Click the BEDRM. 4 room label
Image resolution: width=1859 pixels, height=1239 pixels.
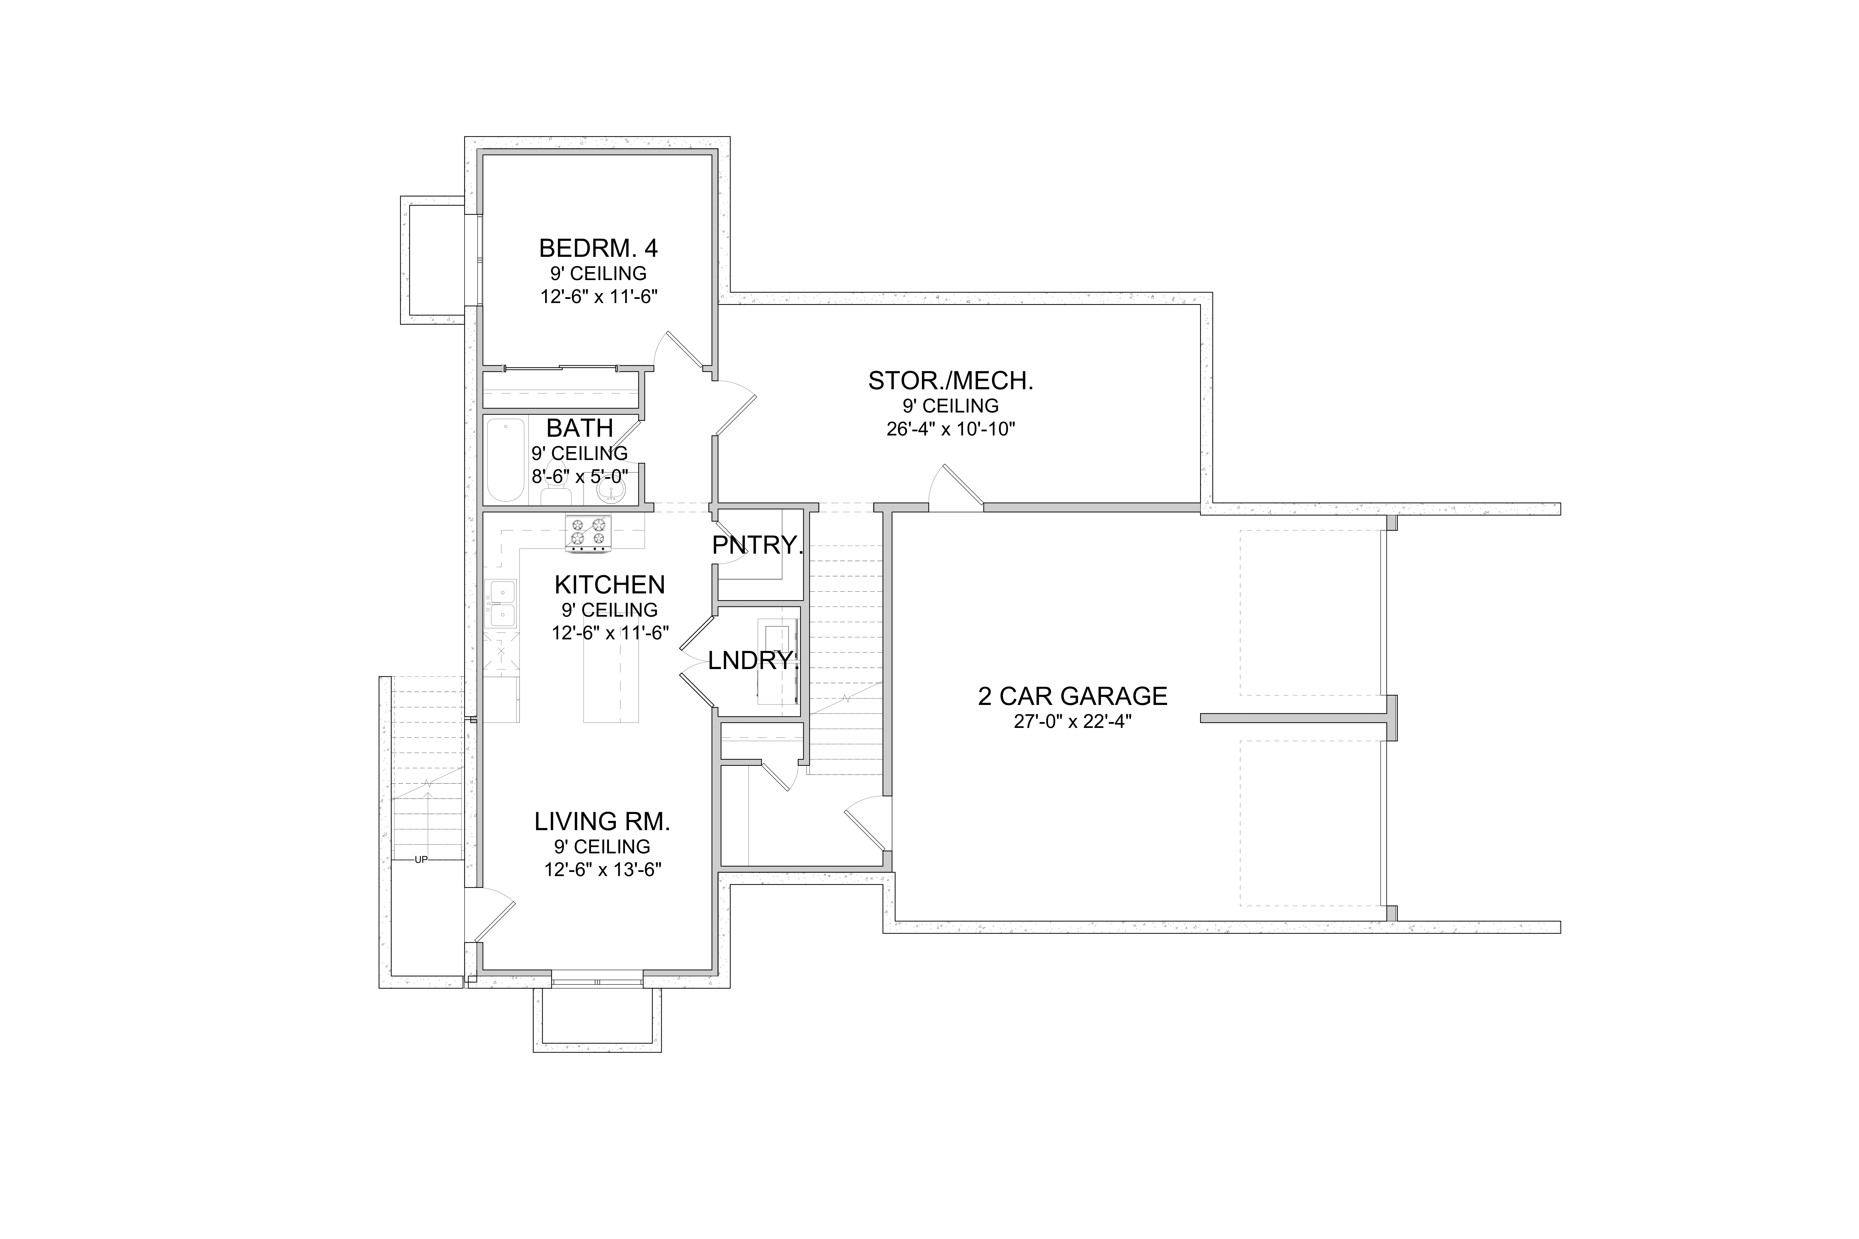click(x=598, y=249)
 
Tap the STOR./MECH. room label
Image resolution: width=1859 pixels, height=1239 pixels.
click(x=951, y=381)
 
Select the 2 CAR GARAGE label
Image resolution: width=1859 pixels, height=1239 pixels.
click(x=1073, y=696)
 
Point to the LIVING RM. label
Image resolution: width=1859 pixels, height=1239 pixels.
click(x=602, y=822)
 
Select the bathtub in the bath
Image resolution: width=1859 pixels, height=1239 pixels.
click(x=505, y=461)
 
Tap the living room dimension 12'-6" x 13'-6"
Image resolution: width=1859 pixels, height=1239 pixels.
click(x=602, y=870)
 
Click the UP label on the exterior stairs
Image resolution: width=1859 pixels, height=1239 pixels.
click(x=421, y=860)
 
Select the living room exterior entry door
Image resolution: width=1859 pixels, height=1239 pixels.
click(x=490, y=914)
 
